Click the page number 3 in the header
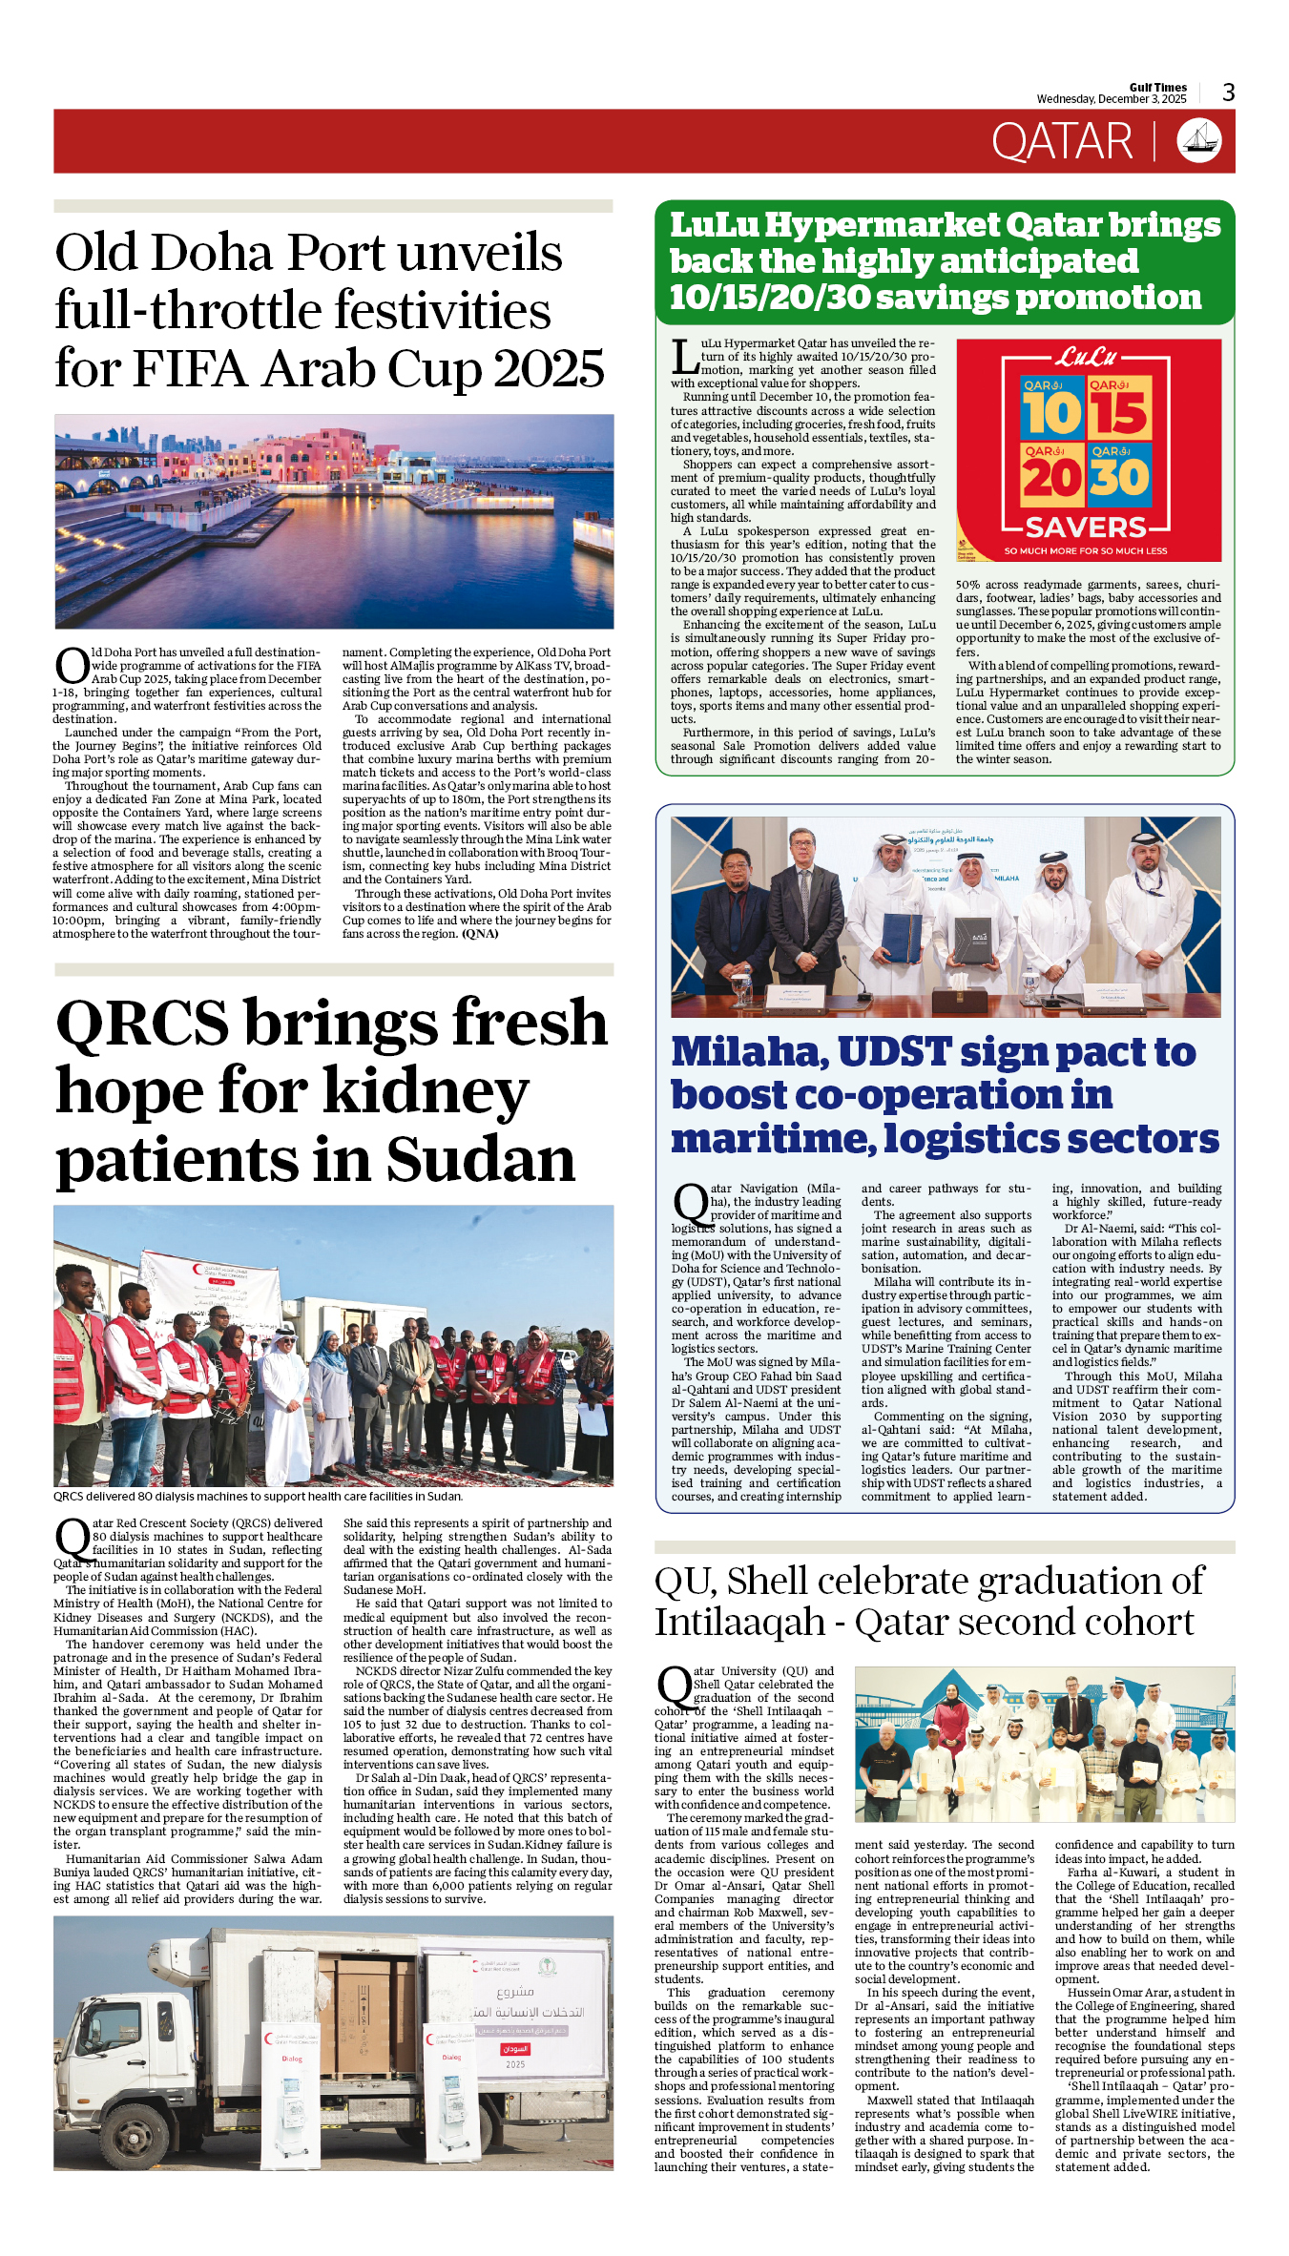1229,93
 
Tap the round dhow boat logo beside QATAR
1199,140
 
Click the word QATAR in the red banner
1062,142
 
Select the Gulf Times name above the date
1157,87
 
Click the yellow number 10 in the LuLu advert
1051,414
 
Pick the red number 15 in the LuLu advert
1119,414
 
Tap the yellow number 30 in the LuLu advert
1119,478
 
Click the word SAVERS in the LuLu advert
1086,528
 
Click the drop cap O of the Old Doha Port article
72,666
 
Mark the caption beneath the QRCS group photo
258,1496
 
